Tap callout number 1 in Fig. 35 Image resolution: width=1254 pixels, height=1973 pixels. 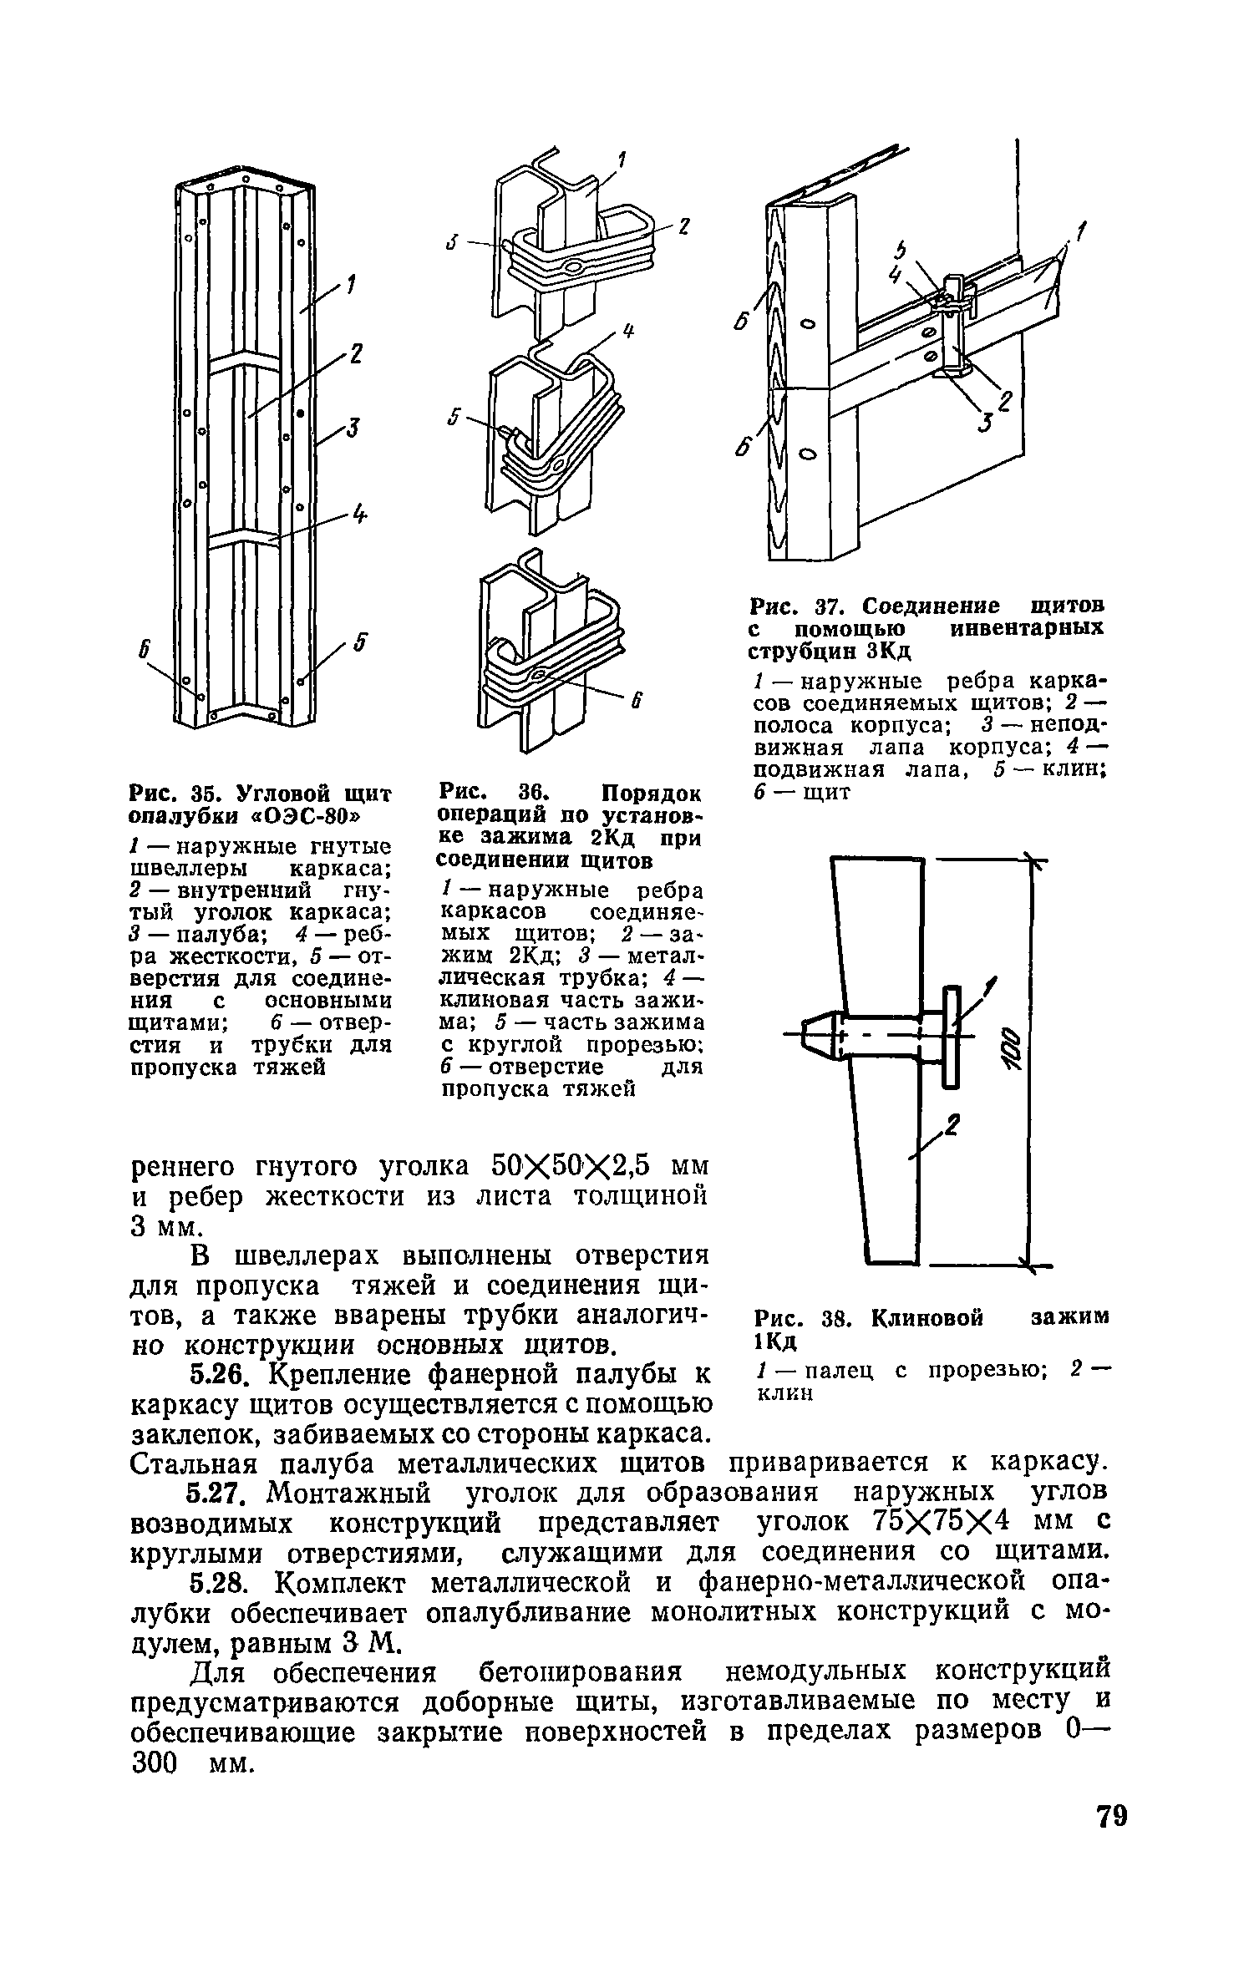[350, 287]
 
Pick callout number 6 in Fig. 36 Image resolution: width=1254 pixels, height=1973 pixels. [636, 704]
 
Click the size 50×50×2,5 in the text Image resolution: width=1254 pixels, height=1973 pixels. [571, 1165]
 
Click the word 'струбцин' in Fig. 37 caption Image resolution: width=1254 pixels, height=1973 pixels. [801, 652]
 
